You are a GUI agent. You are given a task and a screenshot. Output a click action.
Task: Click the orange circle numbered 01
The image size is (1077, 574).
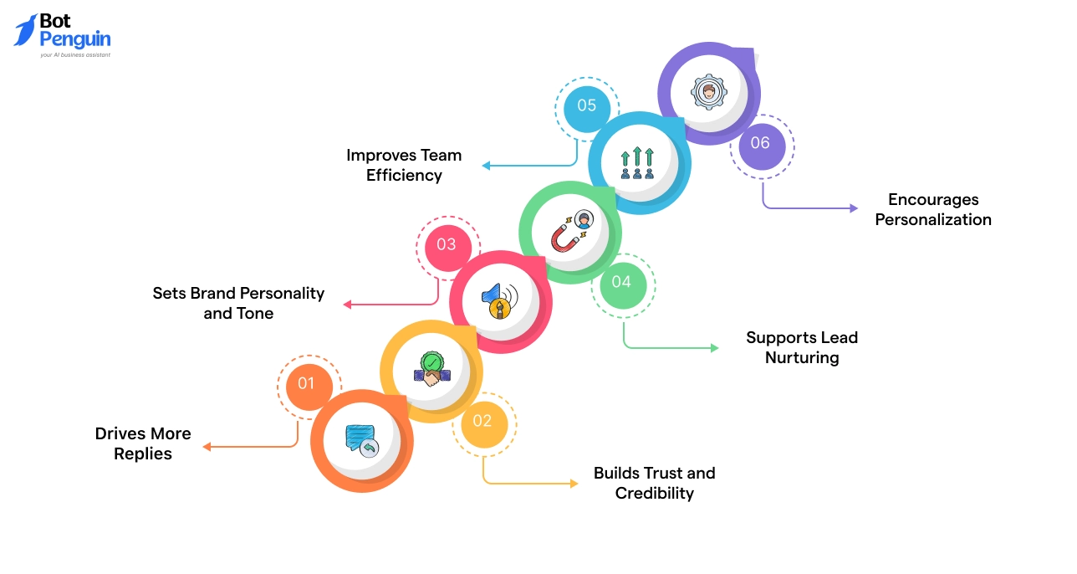(x=306, y=383)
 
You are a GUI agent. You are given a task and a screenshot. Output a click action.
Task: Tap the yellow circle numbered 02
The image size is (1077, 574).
(x=482, y=421)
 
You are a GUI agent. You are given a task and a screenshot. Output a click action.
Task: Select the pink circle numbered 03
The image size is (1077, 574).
(x=447, y=244)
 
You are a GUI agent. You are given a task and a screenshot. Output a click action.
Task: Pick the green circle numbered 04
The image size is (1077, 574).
(x=621, y=282)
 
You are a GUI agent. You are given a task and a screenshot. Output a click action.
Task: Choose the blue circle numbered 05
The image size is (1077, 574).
(x=586, y=105)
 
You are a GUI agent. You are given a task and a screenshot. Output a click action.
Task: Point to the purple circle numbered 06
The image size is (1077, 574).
(x=760, y=143)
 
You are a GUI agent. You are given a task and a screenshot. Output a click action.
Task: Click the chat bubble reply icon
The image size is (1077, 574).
(x=362, y=440)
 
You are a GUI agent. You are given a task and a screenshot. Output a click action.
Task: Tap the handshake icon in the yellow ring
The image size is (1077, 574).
(x=431, y=371)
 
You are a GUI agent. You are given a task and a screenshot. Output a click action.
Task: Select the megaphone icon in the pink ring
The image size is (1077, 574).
(x=500, y=301)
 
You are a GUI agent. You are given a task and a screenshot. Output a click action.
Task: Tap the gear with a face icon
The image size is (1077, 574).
(x=708, y=92)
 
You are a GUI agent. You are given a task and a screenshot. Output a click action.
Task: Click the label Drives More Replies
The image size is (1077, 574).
(x=143, y=443)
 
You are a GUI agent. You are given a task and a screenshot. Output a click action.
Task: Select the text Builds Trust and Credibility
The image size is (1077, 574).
(x=655, y=483)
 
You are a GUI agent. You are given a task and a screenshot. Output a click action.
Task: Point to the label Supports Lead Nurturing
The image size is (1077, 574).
(x=802, y=347)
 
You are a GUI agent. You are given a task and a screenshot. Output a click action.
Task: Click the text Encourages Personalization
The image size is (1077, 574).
(x=933, y=209)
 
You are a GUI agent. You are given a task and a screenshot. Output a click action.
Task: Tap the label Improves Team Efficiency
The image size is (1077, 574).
(x=404, y=165)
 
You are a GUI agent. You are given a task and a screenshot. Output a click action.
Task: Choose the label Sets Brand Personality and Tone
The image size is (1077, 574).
(x=238, y=303)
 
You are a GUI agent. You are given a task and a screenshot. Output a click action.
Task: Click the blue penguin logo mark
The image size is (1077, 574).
(x=25, y=30)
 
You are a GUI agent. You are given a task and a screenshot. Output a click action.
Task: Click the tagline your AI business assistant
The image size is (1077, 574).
(x=75, y=55)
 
